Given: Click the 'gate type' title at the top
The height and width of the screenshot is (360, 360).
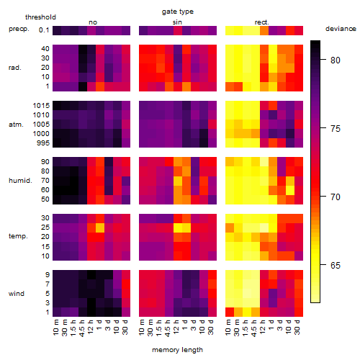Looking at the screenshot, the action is point(178,12).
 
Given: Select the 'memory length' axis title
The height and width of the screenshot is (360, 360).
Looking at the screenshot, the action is point(177,350).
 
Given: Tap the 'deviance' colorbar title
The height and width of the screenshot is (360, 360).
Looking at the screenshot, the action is point(341,29).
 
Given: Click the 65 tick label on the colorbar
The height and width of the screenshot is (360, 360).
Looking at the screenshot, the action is point(336,266).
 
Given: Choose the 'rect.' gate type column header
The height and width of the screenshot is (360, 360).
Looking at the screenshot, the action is point(261,22).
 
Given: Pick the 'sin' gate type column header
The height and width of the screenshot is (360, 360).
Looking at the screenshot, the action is point(177,22).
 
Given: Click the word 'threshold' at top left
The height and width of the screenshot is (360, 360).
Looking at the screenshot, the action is point(40,17).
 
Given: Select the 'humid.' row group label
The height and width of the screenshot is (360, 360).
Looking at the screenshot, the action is point(20,181).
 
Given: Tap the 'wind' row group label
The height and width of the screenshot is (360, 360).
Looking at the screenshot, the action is point(17,294).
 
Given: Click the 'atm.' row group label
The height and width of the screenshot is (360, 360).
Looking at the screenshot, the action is point(16,125).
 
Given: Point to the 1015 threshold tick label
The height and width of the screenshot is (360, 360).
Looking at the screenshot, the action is point(41,106).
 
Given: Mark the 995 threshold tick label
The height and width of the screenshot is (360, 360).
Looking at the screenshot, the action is point(43,143).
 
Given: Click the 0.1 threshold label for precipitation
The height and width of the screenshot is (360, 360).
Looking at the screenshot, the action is point(44,30).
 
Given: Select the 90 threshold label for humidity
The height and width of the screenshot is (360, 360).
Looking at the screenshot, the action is point(45,162).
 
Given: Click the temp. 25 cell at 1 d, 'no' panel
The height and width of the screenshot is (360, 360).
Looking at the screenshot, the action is point(100,228).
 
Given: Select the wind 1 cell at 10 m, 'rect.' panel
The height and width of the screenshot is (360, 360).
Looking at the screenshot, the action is point(230,312).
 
